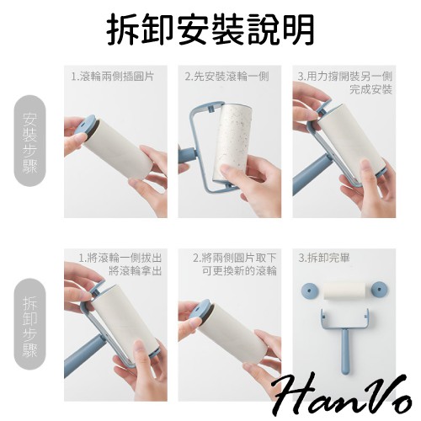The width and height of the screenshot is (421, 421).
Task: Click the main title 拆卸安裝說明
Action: pyautogui.click(x=210, y=29)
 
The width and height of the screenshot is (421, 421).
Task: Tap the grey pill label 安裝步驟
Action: pyautogui.click(x=29, y=141)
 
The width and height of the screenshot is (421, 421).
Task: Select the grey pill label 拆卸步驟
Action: pyautogui.click(x=29, y=324)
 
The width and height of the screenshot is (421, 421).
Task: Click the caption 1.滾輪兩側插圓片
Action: pyautogui.click(x=112, y=77)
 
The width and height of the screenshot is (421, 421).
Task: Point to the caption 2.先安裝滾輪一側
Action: pyautogui.click(x=226, y=77)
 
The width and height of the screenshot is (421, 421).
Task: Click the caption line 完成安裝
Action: pyautogui.click(x=370, y=89)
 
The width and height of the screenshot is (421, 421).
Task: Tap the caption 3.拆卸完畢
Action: pyautogui.click(x=324, y=258)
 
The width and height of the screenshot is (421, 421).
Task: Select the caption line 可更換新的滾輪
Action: pyautogui.click(x=239, y=271)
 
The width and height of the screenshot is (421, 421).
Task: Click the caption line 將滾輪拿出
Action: pyautogui.click(x=136, y=271)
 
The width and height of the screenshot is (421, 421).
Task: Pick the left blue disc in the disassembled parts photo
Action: pyautogui.click(x=309, y=290)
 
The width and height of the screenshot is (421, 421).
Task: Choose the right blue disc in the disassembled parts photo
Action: pyautogui.click(x=380, y=290)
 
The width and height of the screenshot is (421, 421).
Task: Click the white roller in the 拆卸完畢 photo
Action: pyautogui.click(x=344, y=291)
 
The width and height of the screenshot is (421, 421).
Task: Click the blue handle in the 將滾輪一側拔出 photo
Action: pyautogui.click(x=83, y=355)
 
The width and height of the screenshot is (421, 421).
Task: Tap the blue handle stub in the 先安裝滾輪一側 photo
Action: pyautogui.click(x=186, y=156)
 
